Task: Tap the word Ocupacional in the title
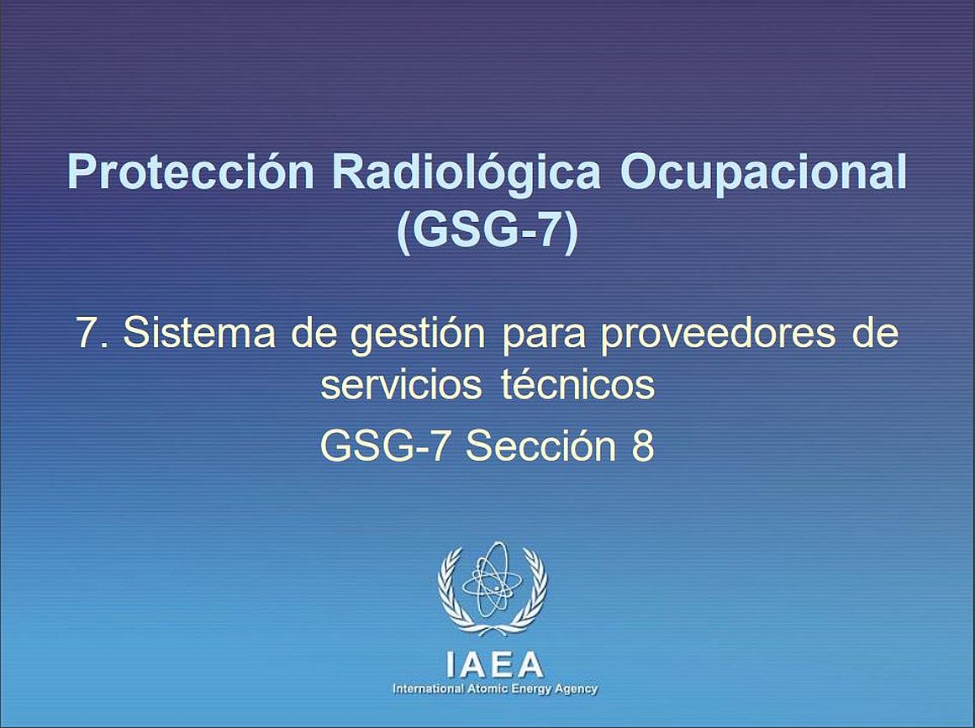(763, 173)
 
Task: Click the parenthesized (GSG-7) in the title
(487, 230)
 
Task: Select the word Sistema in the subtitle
(199, 332)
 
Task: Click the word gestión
(418, 335)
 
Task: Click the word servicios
(401, 384)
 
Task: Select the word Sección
(540, 446)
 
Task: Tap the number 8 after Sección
(643, 446)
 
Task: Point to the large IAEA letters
(495, 665)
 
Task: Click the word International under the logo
(429, 688)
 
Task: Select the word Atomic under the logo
(487, 688)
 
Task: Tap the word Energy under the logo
(530, 689)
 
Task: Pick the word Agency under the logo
(575, 689)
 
